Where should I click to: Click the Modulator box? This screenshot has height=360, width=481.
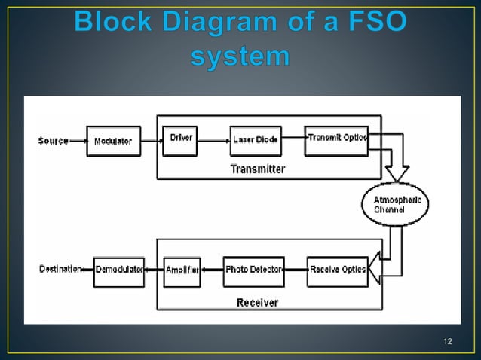(x=112, y=141)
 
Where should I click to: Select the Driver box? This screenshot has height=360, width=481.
(x=180, y=139)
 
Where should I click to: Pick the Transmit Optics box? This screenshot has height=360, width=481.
(x=336, y=139)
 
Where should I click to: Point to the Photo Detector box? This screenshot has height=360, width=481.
(x=254, y=271)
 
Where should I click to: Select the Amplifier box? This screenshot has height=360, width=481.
(x=182, y=271)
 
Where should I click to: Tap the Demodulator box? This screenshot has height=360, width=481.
(x=118, y=271)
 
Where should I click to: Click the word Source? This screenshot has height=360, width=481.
(x=53, y=141)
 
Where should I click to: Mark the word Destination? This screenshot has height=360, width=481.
(x=60, y=270)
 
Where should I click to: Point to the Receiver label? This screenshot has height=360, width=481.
(x=257, y=302)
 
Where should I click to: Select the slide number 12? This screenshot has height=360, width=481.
(x=448, y=343)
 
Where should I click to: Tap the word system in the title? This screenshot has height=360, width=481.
(x=240, y=56)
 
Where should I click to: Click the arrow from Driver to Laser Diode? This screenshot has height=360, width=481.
(x=213, y=140)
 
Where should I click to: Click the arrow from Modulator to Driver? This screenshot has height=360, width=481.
(x=152, y=140)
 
